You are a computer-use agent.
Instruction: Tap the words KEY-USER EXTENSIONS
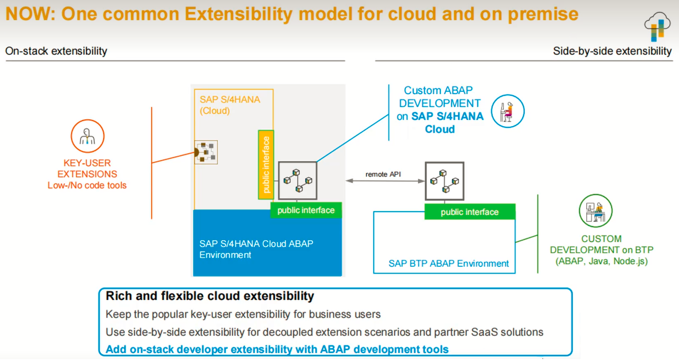click(x=87, y=168)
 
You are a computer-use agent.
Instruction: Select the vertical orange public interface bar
click(x=266, y=165)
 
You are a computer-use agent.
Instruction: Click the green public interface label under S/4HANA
click(x=306, y=211)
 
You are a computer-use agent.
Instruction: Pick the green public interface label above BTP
click(x=469, y=212)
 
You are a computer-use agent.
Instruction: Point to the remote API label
click(x=383, y=175)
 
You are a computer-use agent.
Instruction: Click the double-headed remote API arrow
click(x=385, y=181)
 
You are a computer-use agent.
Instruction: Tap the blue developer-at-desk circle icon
click(x=507, y=111)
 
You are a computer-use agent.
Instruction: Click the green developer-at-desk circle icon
click(x=595, y=211)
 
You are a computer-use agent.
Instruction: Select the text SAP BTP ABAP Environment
click(x=448, y=263)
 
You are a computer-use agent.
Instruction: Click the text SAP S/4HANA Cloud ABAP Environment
click(x=256, y=249)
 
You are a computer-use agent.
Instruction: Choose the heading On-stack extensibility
click(x=56, y=51)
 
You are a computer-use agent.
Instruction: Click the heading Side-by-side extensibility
click(x=612, y=51)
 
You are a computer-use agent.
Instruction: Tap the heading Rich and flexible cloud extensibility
click(x=210, y=296)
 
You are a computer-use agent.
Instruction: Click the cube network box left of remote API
click(x=297, y=180)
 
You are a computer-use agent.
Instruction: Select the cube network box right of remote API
click(x=445, y=180)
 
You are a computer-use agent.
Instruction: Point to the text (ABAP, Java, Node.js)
click(x=601, y=261)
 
